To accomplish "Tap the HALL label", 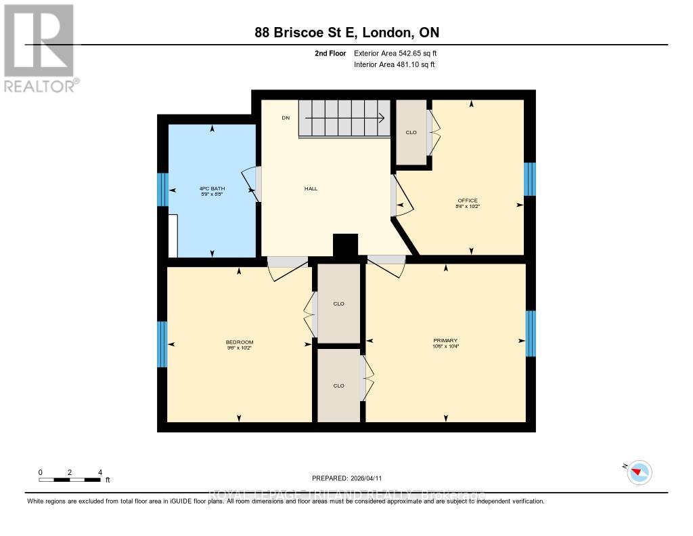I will (x=311, y=188).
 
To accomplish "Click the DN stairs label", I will (x=286, y=118).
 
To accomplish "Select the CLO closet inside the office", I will (x=411, y=132).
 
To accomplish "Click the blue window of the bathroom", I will (x=162, y=190).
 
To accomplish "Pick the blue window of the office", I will (x=530, y=179).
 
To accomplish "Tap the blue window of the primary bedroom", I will (x=531, y=333).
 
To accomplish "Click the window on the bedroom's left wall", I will (x=162, y=344).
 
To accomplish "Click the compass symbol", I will (x=639, y=472).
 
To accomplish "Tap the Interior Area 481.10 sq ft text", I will (x=395, y=64).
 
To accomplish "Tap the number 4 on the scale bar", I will (x=100, y=472).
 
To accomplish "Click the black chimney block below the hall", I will (x=345, y=245).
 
